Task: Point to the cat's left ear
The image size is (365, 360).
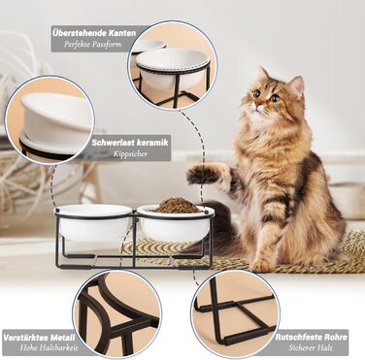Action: click(298, 85)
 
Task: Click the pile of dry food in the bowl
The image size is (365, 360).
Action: click(177, 206)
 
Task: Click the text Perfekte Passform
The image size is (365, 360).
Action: click(92, 44)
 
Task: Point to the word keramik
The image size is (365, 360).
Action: click(152, 143)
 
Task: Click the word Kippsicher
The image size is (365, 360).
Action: click(130, 153)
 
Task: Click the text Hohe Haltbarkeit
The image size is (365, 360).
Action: click(49, 348)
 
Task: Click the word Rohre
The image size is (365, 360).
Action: click(335, 338)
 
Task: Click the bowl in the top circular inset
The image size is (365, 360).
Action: click(172, 67)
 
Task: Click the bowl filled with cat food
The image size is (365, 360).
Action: click(175, 222)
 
